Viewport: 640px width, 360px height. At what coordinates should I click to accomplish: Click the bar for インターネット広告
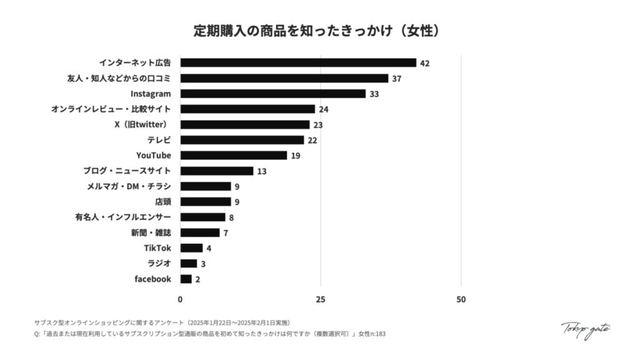[298, 62]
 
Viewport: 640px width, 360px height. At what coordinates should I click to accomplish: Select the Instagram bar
[272, 94]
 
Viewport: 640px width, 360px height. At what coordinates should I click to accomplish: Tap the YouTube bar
[233, 155]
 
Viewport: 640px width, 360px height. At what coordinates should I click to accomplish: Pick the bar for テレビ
[242, 140]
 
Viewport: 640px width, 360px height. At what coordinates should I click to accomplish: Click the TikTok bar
[191, 248]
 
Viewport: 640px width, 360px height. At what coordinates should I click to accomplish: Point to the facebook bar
[186, 279]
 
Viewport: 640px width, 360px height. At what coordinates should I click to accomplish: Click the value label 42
[425, 63]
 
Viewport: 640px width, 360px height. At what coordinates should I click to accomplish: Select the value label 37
[397, 79]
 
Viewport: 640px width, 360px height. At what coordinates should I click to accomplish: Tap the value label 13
[262, 171]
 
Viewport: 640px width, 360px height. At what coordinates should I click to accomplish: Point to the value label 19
[296, 156]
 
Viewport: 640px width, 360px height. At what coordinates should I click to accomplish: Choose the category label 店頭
[162, 202]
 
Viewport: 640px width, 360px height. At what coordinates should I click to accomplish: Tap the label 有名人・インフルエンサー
[122, 217]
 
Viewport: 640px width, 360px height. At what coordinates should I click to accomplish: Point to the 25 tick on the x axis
[321, 299]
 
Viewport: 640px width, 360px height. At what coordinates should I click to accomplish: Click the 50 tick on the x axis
[461, 299]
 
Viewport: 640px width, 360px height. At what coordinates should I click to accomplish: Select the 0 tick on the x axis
[180, 299]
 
